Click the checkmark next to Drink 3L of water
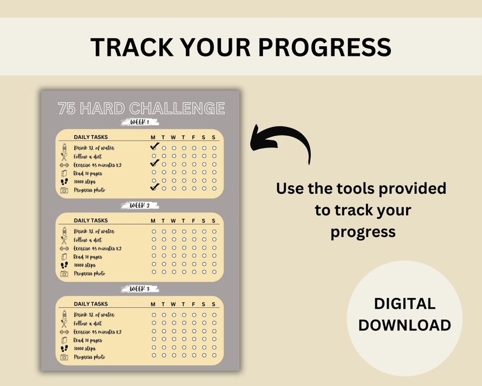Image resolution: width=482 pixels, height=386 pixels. click(154, 146)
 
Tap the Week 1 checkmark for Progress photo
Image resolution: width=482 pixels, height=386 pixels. click(154, 187)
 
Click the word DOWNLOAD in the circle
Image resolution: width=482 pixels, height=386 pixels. click(404, 325)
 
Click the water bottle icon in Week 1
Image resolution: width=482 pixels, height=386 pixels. click(64, 148)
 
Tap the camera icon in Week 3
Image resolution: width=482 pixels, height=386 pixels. click(64, 357)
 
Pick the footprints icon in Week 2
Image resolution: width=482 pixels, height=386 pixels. click(64, 265)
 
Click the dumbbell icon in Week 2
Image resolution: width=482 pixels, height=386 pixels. click(64, 249)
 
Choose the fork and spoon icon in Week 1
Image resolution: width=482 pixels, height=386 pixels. click(64, 157)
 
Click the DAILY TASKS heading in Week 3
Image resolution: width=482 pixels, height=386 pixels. click(90, 304)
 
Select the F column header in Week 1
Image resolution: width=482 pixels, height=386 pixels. click(194, 137)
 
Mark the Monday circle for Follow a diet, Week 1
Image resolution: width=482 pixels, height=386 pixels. click(154, 156)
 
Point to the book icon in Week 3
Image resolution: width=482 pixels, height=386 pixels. click(64, 340)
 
